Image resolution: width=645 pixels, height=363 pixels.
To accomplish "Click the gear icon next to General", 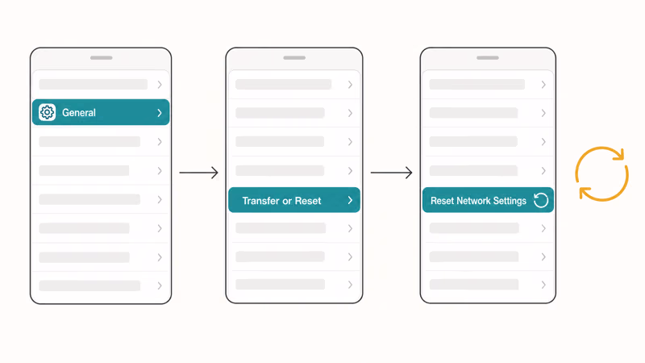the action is (x=47, y=112).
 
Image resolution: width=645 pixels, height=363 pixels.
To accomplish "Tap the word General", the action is (x=78, y=113).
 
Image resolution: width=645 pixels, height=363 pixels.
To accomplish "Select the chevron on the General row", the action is (x=160, y=113).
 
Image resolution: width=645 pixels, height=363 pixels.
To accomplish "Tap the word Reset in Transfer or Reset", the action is (x=308, y=201).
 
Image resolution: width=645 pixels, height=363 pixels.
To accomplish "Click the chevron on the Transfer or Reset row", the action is (x=350, y=200).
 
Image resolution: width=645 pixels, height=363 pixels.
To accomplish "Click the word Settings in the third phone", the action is (x=510, y=201).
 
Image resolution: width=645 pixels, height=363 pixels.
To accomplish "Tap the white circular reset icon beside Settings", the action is (x=541, y=200).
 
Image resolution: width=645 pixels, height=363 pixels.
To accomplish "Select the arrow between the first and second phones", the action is (x=198, y=173).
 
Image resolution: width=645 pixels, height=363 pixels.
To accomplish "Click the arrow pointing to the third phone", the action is (x=391, y=173).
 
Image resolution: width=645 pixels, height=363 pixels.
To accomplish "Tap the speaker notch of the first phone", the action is (x=102, y=58).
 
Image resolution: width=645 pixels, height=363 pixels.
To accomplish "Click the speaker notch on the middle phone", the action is (x=294, y=58).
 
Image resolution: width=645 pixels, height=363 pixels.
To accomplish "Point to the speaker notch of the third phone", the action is (x=488, y=58).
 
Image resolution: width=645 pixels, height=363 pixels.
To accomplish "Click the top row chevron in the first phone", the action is (x=160, y=85).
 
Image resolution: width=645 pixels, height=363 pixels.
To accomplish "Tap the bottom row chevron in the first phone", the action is (x=160, y=286).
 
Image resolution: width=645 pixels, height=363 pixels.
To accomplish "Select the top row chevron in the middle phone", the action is (x=350, y=85).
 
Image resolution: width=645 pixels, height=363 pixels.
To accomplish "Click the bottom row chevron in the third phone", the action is (x=543, y=285).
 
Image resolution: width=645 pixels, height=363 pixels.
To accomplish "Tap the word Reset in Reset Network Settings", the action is (x=442, y=201).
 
